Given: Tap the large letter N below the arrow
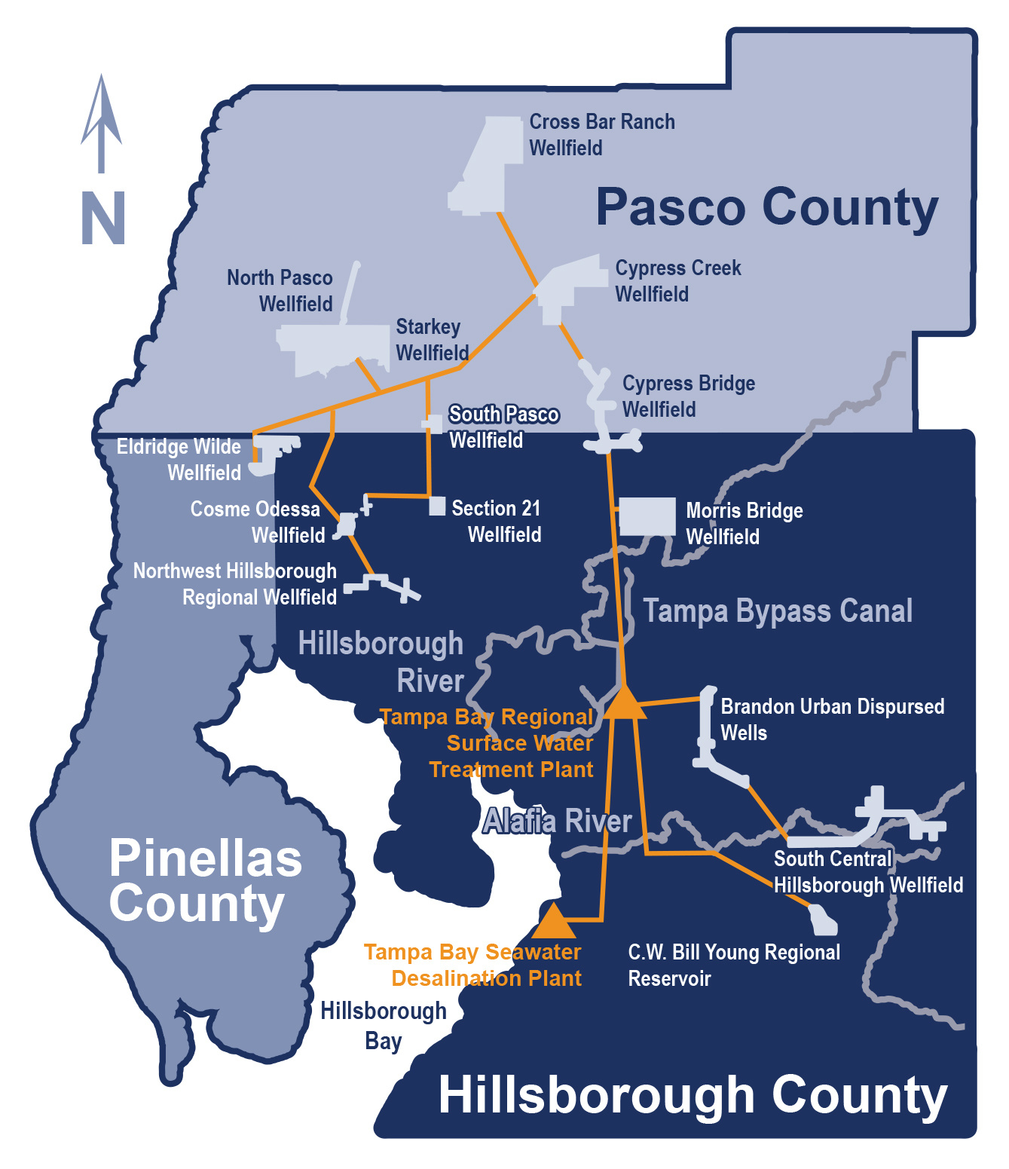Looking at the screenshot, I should [102, 218].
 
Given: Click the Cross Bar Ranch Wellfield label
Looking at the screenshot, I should [601, 135].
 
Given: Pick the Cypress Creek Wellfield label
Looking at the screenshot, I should [677, 281].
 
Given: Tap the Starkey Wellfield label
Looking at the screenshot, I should [431, 340].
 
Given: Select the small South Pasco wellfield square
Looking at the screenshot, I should [433, 423].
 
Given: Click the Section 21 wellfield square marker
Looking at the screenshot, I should [437, 506].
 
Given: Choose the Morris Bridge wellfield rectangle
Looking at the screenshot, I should [647, 516].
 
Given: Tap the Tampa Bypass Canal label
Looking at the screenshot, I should [777, 611].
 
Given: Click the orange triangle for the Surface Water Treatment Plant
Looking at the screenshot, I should [625, 704].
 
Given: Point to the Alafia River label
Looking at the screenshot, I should [557, 821].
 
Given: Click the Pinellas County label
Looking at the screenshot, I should [205, 881].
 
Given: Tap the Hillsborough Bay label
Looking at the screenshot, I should [384, 1025].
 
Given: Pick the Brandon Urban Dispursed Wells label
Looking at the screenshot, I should [831, 720].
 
